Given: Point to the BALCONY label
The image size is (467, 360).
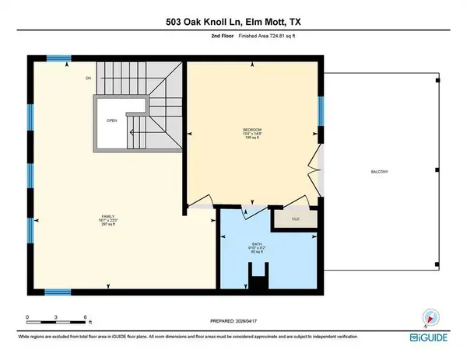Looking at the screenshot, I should pos(378,171).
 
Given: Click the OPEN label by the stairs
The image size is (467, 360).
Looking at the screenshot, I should pos(112,121).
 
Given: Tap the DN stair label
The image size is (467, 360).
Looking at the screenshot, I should pos(89,79).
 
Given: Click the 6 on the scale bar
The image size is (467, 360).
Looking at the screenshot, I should pos(83,316).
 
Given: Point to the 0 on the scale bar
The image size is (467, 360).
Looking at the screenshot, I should pos(26,316).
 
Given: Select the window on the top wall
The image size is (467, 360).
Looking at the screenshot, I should pos(58,58).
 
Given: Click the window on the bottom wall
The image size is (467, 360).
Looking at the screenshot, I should pos(58,292).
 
